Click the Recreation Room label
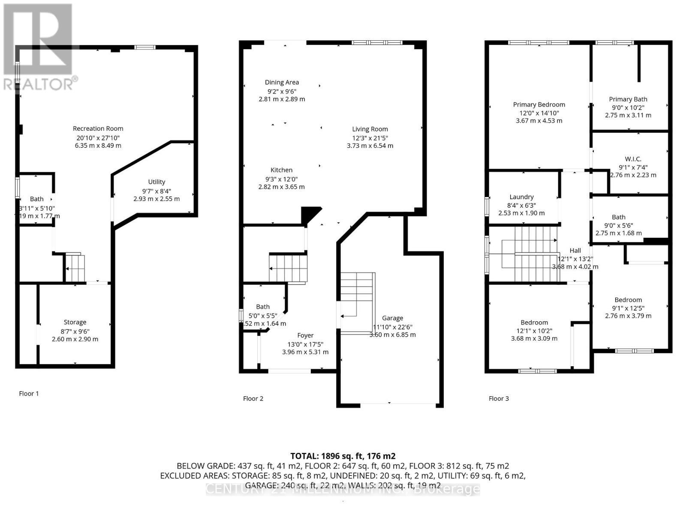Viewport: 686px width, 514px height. [x=98, y=128]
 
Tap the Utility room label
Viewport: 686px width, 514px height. [x=156, y=182]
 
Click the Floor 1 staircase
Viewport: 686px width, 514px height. [x=75, y=268]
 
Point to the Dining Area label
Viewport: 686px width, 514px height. [x=282, y=82]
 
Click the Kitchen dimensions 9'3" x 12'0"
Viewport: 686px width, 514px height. [x=281, y=179]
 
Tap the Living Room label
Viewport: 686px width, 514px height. [x=370, y=129]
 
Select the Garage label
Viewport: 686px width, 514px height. [x=392, y=318]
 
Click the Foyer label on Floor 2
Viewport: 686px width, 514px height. [x=305, y=335]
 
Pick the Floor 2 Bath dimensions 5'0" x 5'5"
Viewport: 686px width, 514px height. [x=263, y=315]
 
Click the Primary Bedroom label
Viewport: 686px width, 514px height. [x=539, y=105]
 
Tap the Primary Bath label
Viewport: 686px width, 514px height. [x=628, y=99]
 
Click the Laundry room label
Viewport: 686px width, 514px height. [x=521, y=197]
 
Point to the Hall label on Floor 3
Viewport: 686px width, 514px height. [x=575, y=251]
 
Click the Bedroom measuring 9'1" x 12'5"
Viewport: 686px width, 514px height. [x=628, y=300]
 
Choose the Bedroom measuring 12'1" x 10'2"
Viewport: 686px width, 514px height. [x=534, y=323]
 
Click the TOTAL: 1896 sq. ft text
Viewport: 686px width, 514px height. [x=343, y=456]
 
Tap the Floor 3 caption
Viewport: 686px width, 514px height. [x=499, y=398]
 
